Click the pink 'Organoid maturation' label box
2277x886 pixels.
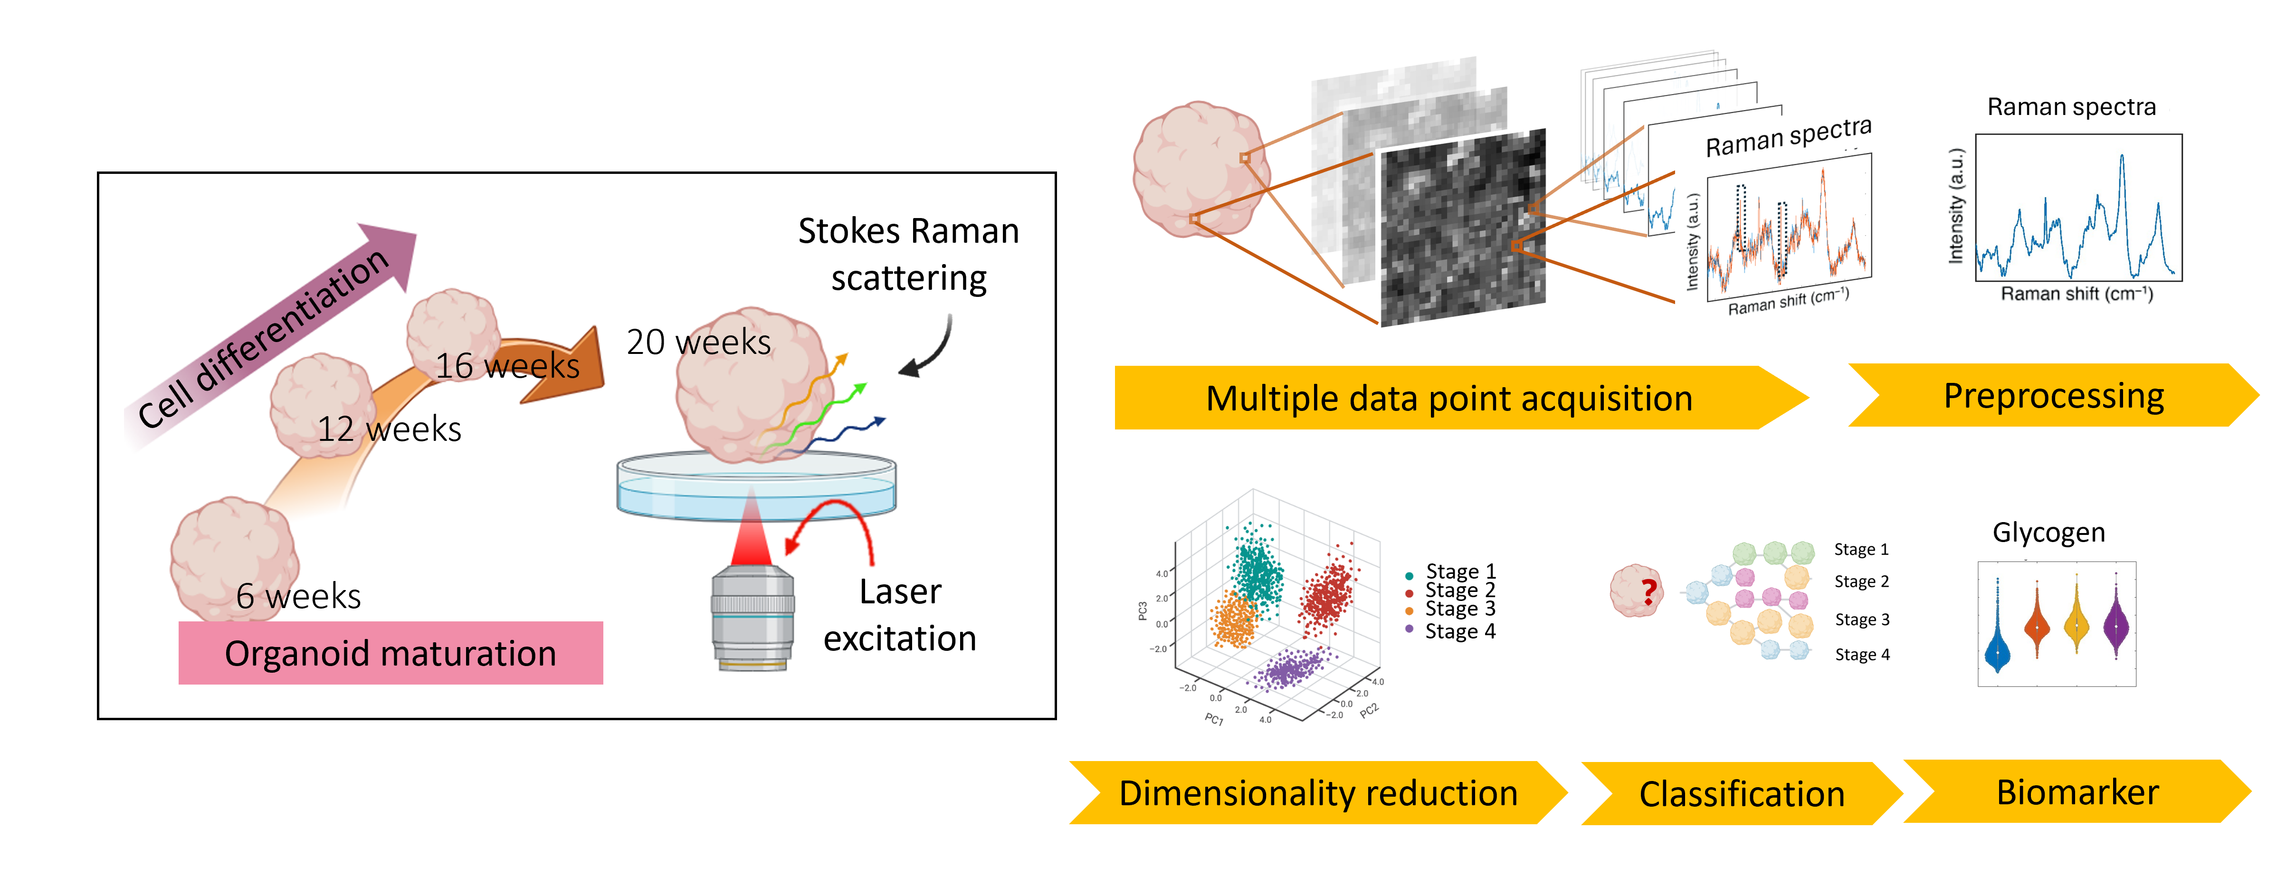click(390, 653)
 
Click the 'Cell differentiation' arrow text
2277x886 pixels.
click(263, 338)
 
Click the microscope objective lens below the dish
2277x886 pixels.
click(752, 619)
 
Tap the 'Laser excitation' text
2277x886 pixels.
click(900, 615)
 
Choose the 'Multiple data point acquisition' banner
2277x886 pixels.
click(1449, 398)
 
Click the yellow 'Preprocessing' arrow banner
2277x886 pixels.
click(2053, 395)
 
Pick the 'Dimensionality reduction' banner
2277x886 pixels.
click(1318, 793)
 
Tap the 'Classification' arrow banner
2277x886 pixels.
click(1741, 794)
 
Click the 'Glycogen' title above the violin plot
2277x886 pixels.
click(2048, 532)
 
